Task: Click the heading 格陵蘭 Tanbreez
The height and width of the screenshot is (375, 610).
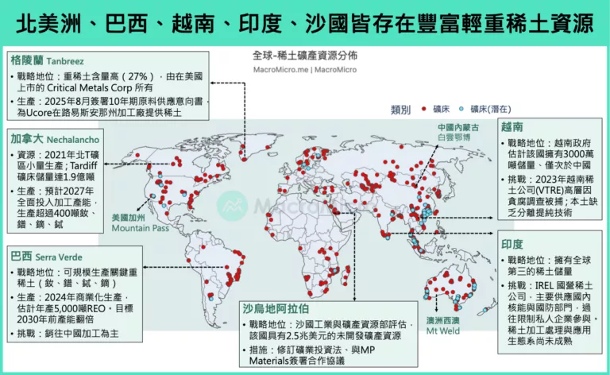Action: (44, 60)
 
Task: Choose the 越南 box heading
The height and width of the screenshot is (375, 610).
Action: (512, 126)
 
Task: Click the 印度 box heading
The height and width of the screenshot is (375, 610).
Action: (512, 245)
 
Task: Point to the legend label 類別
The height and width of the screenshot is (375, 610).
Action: (401, 109)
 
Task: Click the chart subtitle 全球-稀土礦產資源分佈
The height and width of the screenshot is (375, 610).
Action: (304, 56)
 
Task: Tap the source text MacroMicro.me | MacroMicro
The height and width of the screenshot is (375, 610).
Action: (304, 69)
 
